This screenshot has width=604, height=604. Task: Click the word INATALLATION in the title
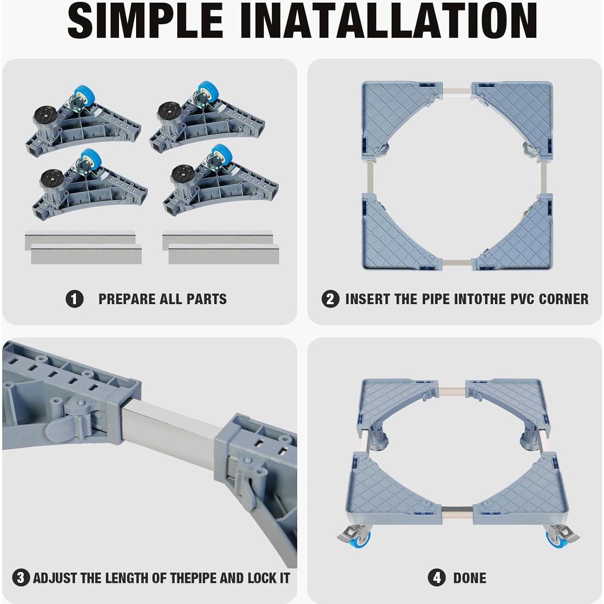pos(388,22)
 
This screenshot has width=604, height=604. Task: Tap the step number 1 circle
pos(74,299)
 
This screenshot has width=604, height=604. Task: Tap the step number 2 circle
pos(331,299)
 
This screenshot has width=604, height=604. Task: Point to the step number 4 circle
pos(437,578)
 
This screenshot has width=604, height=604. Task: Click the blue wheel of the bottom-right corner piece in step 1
pos(222,154)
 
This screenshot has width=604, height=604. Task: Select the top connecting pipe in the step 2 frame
pos(457,90)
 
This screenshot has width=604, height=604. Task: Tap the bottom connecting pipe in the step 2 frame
pos(457,262)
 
